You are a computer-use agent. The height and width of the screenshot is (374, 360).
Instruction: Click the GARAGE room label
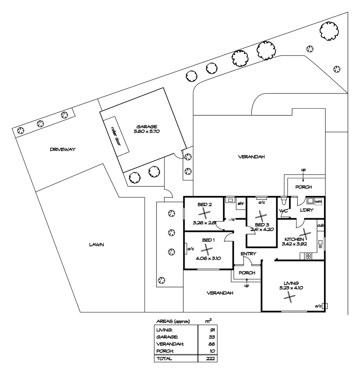(146, 127)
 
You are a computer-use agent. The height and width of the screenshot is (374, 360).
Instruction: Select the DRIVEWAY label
(62, 150)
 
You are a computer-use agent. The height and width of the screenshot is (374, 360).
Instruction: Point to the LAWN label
(96, 244)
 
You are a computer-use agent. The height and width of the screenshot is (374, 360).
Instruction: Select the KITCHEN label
(294, 239)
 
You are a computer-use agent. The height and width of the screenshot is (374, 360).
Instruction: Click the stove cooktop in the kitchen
(307, 256)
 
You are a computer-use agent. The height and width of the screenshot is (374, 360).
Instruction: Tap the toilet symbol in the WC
(284, 201)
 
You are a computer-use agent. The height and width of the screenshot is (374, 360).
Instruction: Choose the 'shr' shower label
(240, 204)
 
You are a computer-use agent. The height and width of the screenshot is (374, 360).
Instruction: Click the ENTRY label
(248, 254)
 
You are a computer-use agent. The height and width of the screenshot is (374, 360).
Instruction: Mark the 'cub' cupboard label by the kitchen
(321, 225)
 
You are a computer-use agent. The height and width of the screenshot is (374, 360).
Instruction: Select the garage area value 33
(212, 337)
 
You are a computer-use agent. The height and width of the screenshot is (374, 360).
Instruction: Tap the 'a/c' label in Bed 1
(190, 249)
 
